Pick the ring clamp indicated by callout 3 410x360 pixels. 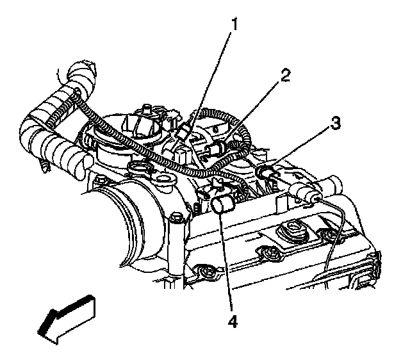265,172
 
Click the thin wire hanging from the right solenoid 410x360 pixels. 333,237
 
